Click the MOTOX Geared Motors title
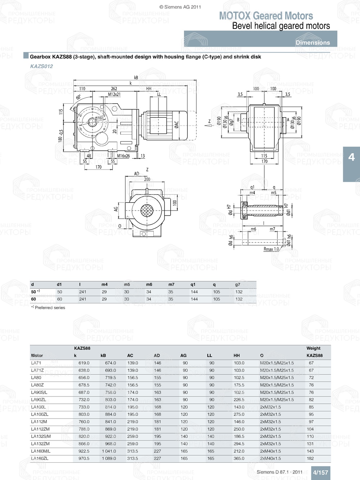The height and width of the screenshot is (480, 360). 266,16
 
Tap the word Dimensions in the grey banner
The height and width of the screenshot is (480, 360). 312,42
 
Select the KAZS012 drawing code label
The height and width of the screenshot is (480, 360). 41,66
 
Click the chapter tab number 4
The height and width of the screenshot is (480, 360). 351,157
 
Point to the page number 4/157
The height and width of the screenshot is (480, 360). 320,472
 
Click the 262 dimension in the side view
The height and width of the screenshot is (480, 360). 114,89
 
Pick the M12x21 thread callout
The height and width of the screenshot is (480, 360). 114,95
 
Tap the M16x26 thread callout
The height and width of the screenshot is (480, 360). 123,156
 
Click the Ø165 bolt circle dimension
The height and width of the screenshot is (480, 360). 99,118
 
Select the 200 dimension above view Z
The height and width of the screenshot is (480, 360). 147,179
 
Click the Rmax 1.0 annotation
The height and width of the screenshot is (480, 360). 271,249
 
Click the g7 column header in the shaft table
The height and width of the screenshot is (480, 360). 238,285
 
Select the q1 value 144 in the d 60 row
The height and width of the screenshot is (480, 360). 194,299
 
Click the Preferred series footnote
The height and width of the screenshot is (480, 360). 48,308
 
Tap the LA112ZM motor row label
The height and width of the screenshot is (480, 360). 40,429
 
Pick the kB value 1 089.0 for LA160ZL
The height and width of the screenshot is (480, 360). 108,458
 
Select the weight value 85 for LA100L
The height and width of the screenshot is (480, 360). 311,407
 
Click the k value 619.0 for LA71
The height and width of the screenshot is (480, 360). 84,363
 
